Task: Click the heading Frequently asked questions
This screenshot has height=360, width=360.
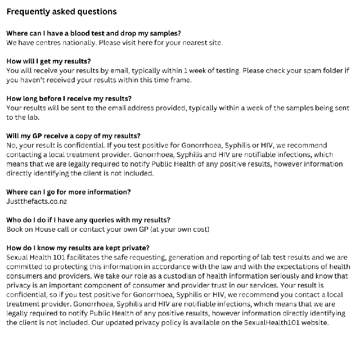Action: (x=61, y=12)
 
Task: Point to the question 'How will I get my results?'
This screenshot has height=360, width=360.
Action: (x=49, y=61)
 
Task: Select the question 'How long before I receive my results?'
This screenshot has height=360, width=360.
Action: (x=69, y=99)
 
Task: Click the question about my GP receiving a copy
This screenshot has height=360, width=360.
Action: (x=73, y=136)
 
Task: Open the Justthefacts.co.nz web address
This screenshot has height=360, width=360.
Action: (x=36, y=201)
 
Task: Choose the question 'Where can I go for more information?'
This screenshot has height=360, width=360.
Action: (x=68, y=192)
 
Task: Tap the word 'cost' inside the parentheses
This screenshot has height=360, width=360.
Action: (x=198, y=229)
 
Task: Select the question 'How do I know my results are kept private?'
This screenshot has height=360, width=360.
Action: (x=78, y=248)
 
